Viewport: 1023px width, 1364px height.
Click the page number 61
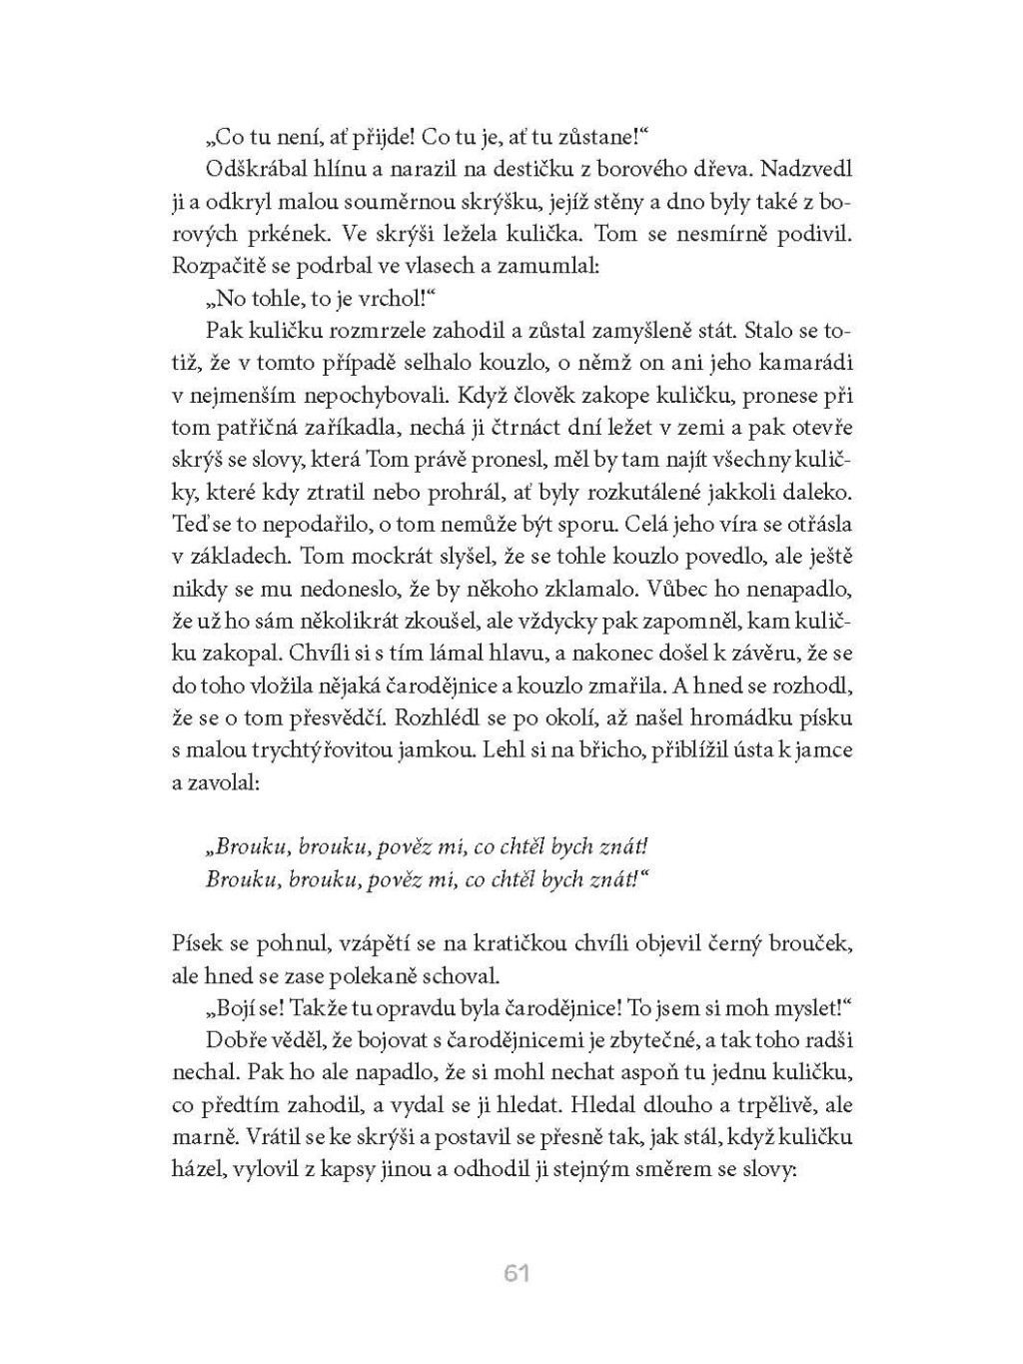coord(515,1273)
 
